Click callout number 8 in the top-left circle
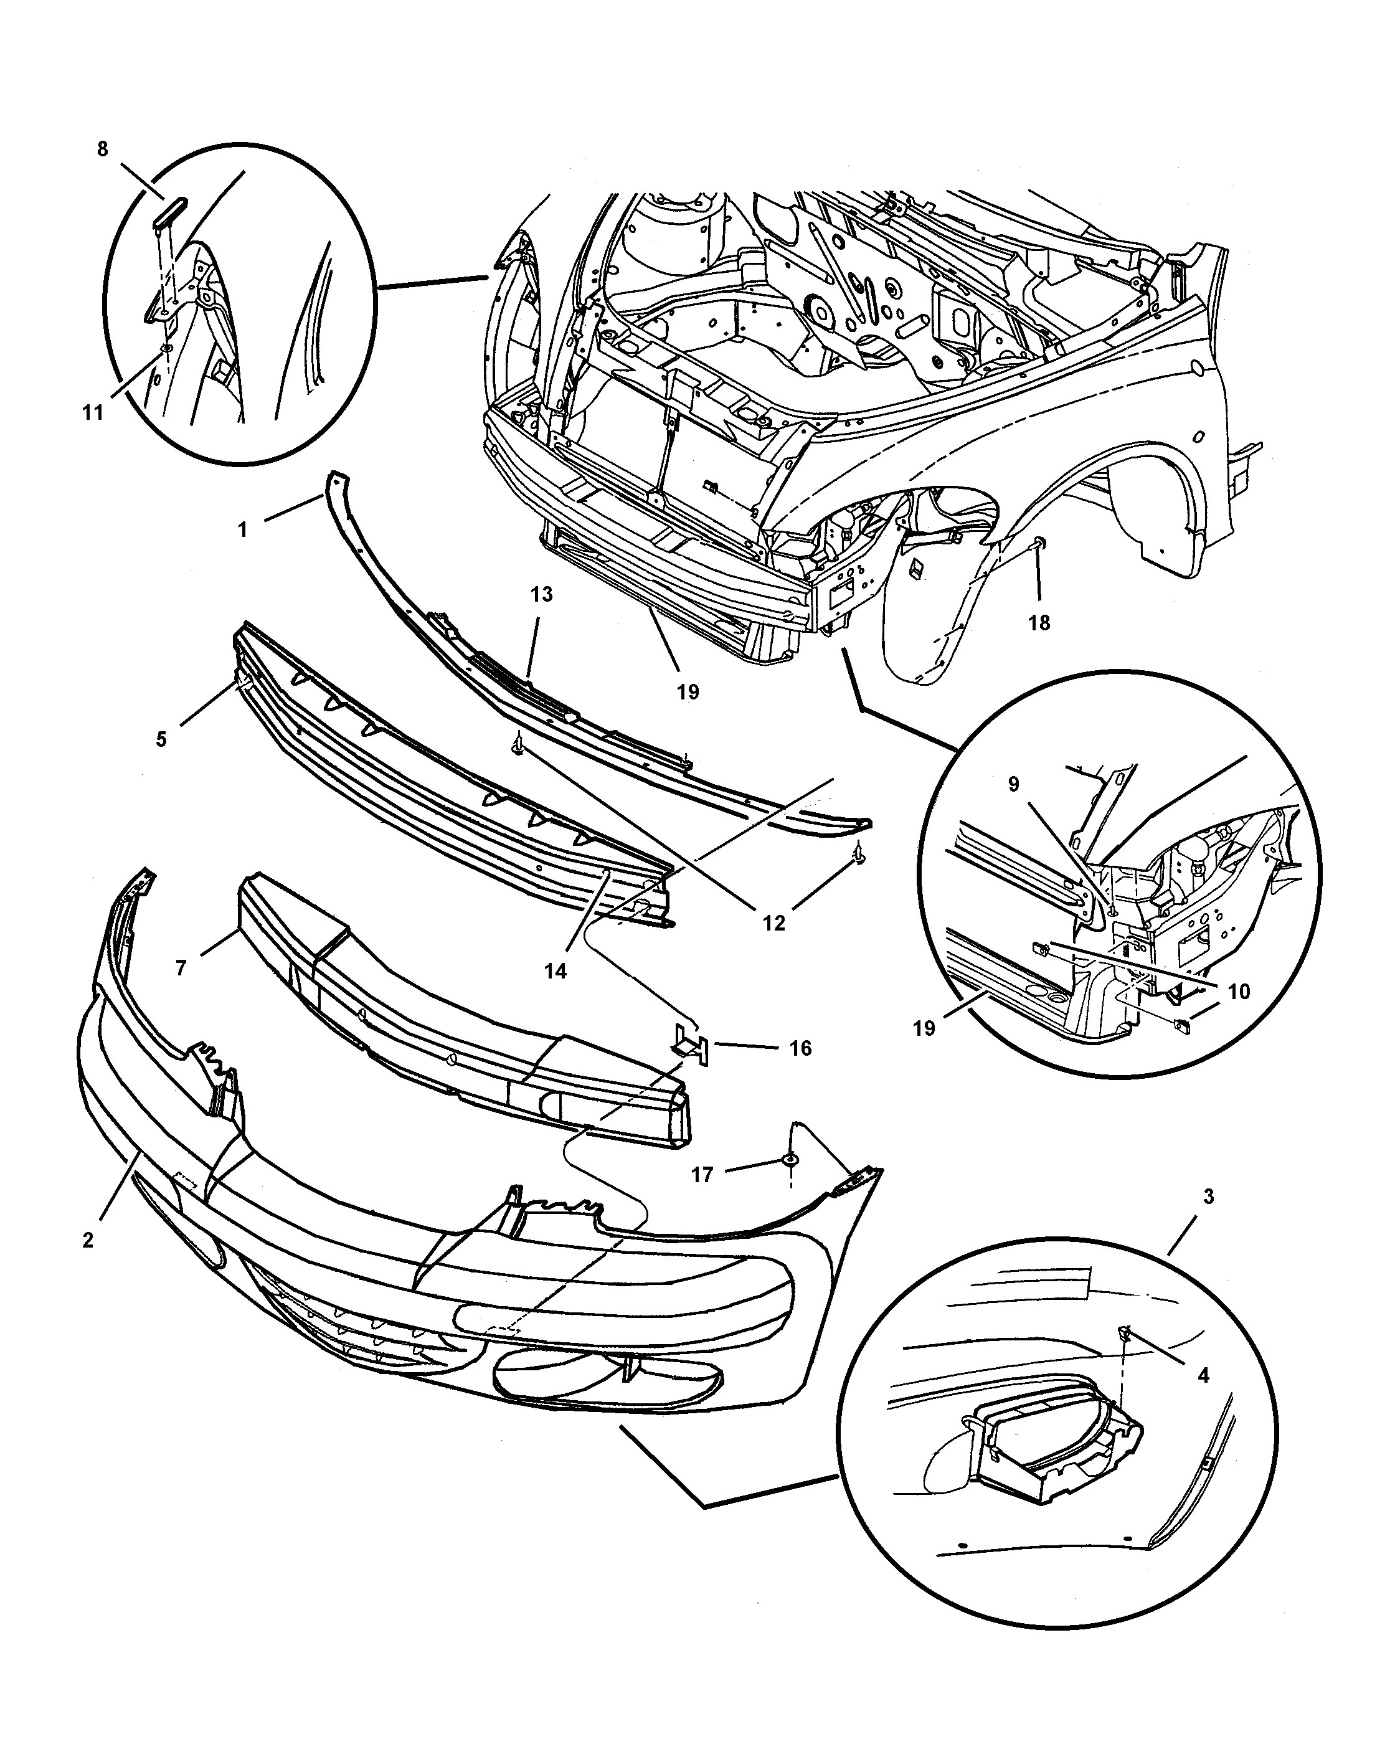point(103,149)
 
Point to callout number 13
point(541,595)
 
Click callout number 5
point(162,739)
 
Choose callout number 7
point(181,967)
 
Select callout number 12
point(774,923)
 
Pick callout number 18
point(1039,622)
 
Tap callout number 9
point(1014,785)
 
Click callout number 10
point(1239,991)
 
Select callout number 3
point(1208,1219)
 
